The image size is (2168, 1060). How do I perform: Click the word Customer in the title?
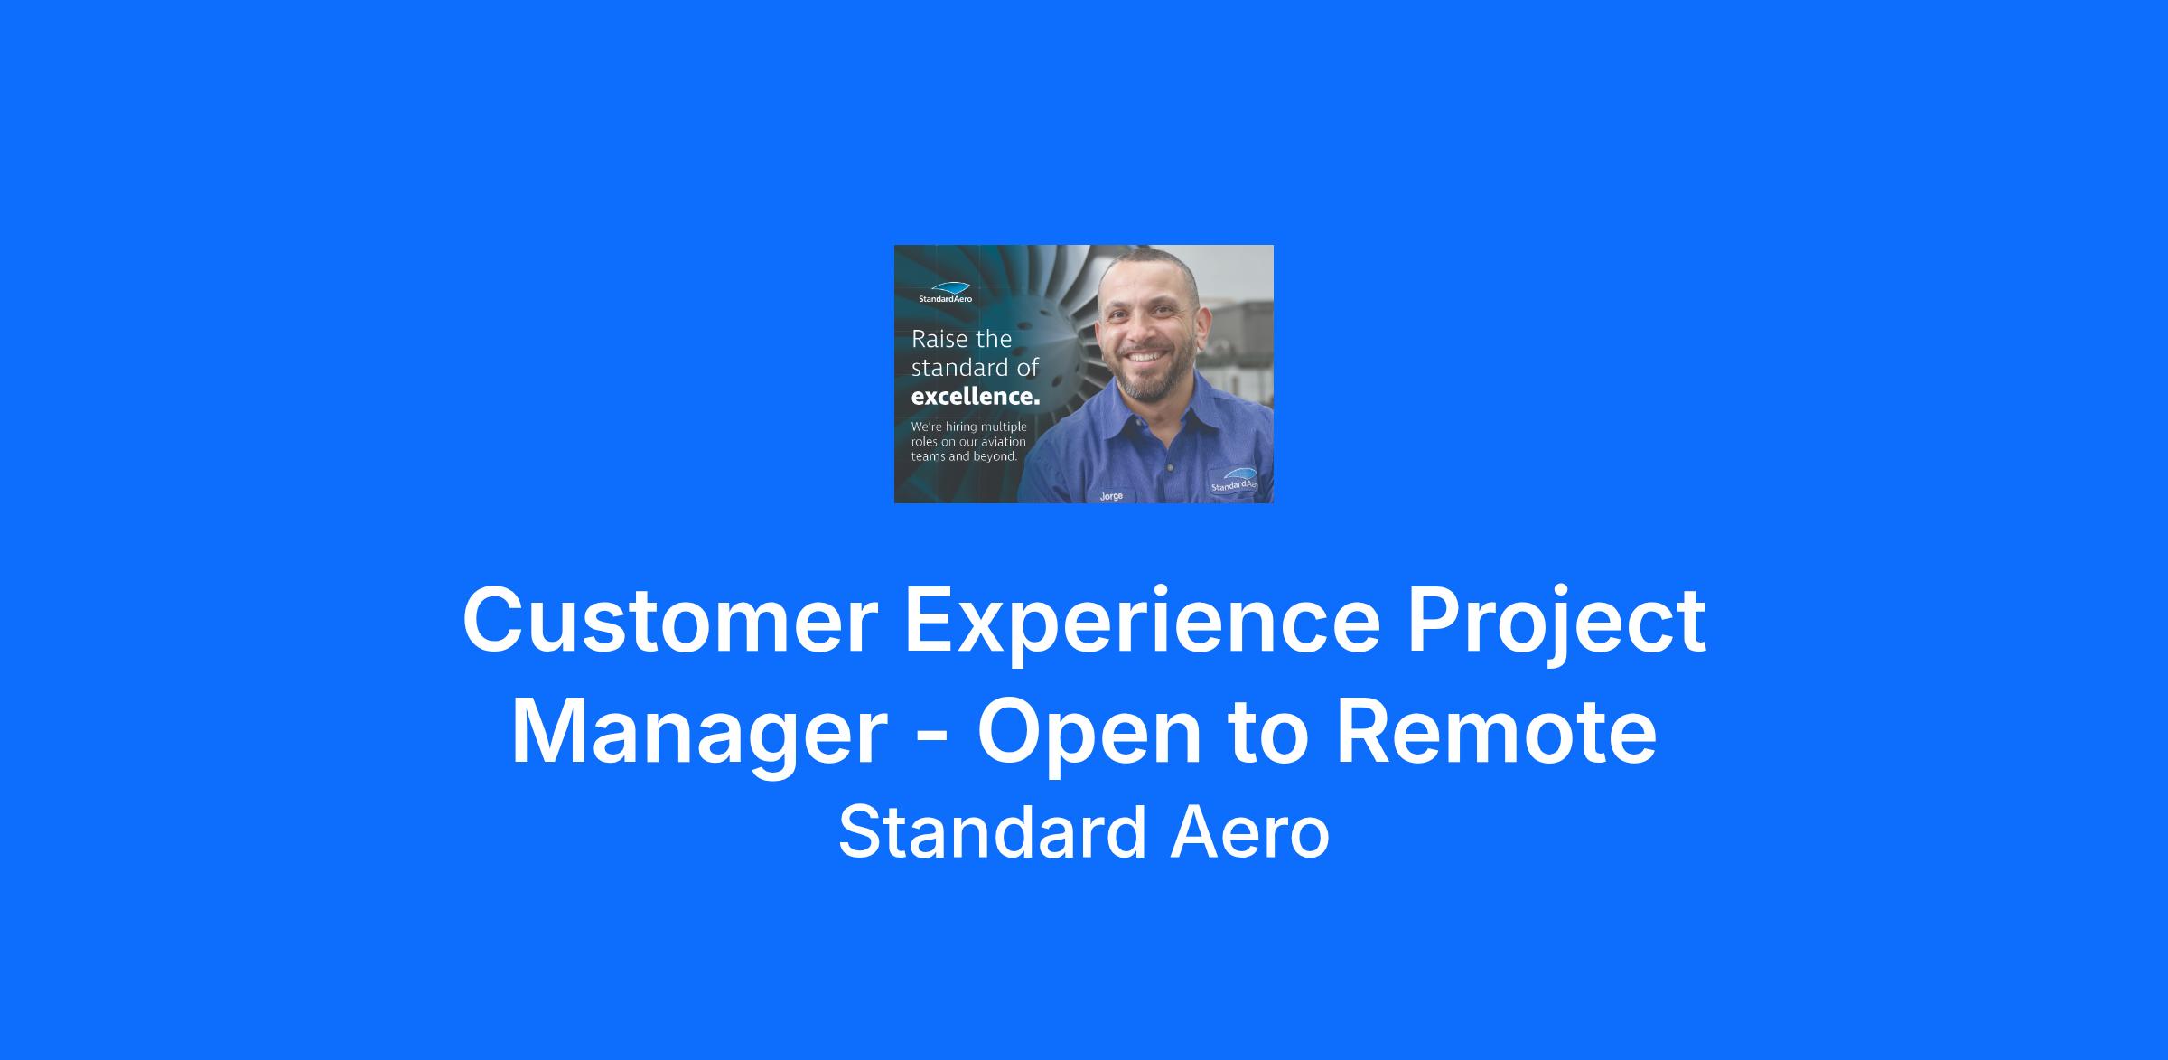coord(670,620)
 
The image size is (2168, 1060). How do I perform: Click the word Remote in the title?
coord(1496,730)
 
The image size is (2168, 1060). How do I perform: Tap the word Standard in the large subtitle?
coord(991,831)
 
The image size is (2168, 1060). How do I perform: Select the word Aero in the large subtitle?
coord(1250,831)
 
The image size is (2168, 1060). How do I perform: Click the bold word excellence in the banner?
coord(975,396)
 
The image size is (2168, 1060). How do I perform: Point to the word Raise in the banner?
coord(937,339)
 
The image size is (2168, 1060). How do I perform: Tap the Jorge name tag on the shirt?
coord(1111,496)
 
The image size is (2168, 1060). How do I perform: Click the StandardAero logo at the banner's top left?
coord(945,292)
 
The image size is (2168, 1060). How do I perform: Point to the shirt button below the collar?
coord(1169,468)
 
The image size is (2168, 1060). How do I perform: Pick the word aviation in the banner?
coord(1004,442)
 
